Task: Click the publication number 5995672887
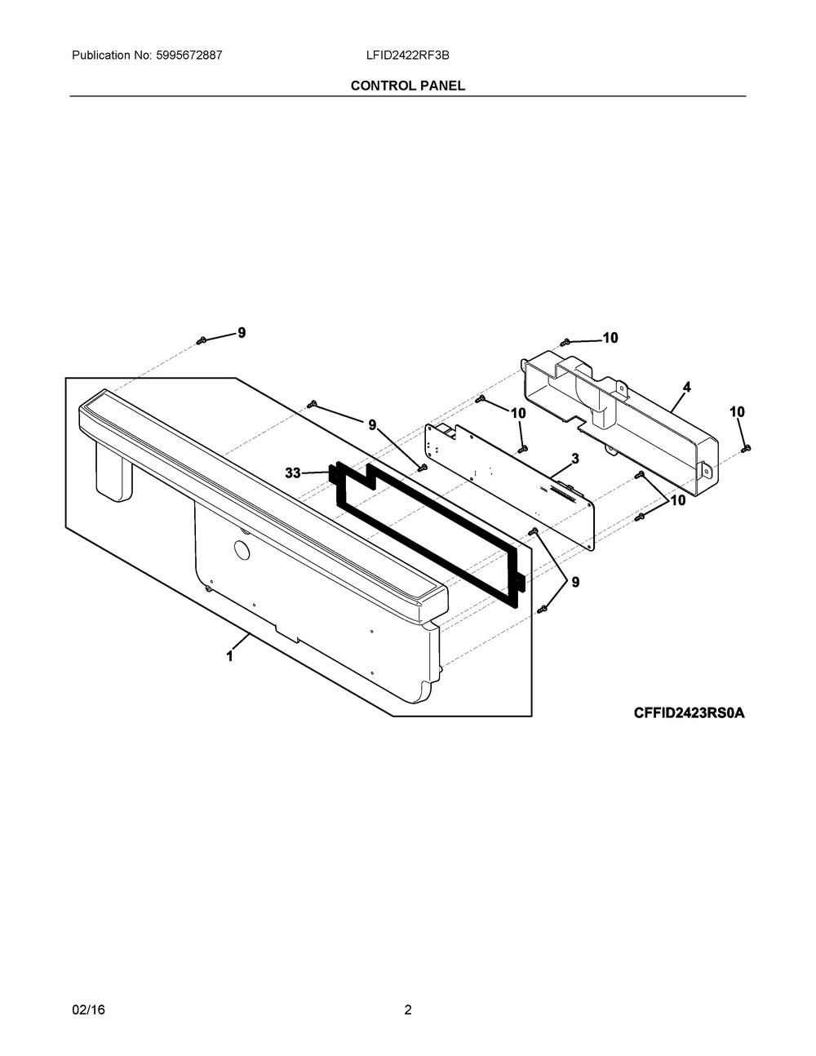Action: coord(189,55)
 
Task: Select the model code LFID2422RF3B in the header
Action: coord(407,55)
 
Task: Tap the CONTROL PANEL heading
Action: coord(407,86)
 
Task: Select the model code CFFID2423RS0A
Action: coord(689,713)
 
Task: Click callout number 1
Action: coord(230,657)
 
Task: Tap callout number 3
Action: coord(575,459)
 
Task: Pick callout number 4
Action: coord(686,387)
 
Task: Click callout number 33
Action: coord(293,473)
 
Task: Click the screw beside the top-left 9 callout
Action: coord(202,340)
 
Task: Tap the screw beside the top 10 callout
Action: coord(565,343)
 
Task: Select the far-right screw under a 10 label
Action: coord(747,449)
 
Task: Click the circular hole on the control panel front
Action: coord(242,549)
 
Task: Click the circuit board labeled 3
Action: coord(510,486)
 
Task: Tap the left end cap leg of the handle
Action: coord(113,472)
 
